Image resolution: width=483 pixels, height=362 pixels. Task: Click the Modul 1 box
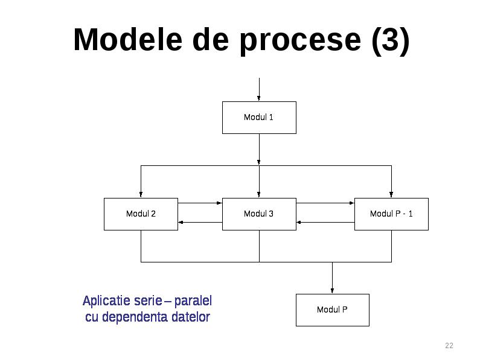pyautogui.click(x=259, y=118)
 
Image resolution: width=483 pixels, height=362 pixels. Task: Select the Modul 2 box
pyautogui.click(x=141, y=214)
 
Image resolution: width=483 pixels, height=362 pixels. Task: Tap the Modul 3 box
pyautogui.click(x=259, y=214)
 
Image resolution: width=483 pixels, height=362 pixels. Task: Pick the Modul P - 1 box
pyautogui.click(x=391, y=214)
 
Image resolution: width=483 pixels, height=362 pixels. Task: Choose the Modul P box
pyautogui.click(x=333, y=310)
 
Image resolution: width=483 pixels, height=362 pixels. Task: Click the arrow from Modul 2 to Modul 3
pyautogui.click(x=200, y=203)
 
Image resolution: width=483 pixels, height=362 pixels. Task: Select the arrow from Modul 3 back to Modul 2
pyautogui.click(x=200, y=222)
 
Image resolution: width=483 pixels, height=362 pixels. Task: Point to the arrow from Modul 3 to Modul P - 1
pyautogui.click(x=325, y=203)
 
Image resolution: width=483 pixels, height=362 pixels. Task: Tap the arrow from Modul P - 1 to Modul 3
pyautogui.click(x=325, y=222)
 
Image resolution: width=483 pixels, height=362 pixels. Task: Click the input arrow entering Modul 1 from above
pyautogui.click(x=259, y=89)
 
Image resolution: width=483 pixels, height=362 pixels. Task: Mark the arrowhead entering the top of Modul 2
pyautogui.click(x=141, y=195)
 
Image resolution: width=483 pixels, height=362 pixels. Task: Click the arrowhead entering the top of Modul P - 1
pyautogui.click(x=391, y=195)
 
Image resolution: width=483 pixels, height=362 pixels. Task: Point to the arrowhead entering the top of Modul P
pyautogui.click(x=332, y=291)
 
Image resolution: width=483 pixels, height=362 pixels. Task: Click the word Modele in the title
pyautogui.click(x=128, y=40)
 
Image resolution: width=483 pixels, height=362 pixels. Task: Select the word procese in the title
pyautogui.click(x=300, y=42)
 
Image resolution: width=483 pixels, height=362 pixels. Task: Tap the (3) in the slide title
pyautogui.click(x=391, y=41)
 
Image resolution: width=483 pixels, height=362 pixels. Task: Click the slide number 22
pyautogui.click(x=449, y=345)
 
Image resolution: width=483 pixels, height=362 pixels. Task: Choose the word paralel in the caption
pyautogui.click(x=193, y=301)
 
